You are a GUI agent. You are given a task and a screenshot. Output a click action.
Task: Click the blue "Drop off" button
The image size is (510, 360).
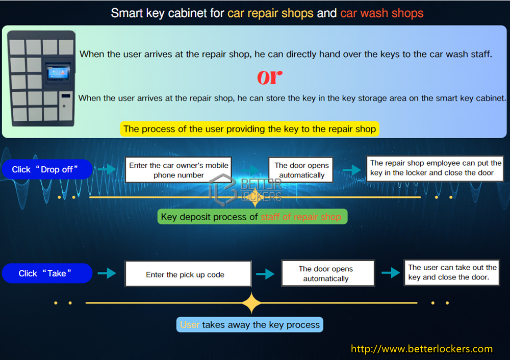pyautogui.click(x=47, y=169)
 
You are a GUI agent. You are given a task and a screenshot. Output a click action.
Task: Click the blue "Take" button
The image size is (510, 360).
pyautogui.click(x=47, y=273)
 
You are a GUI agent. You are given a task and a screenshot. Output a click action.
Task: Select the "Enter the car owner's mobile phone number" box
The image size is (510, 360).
pyautogui.click(x=178, y=170)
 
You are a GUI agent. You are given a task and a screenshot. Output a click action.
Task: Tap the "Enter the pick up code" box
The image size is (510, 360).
pyautogui.click(x=188, y=274)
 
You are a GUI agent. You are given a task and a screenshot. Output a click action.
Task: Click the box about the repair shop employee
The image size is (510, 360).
pyautogui.click(x=435, y=168)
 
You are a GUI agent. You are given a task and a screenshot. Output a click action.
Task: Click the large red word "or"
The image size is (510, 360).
pyautogui.click(x=270, y=76)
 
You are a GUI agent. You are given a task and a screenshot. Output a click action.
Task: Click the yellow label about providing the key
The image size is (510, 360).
pyautogui.click(x=249, y=129)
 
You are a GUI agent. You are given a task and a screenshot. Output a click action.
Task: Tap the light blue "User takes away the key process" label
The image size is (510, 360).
pyautogui.click(x=250, y=324)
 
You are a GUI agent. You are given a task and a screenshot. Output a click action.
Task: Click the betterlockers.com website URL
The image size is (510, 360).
pyautogui.click(x=422, y=349)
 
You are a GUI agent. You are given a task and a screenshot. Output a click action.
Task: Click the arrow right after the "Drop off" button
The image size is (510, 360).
pyautogui.click(x=107, y=169)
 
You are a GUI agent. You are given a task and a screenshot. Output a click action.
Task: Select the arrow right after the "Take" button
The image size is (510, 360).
pyautogui.click(x=107, y=274)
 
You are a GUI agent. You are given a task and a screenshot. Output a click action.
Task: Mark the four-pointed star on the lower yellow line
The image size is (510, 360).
pyautogui.click(x=251, y=303)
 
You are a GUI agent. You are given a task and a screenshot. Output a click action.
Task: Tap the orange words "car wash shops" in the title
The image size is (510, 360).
pyautogui.click(x=381, y=13)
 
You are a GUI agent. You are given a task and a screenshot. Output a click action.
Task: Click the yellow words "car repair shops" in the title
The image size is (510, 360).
pyautogui.click(x=270, y=13)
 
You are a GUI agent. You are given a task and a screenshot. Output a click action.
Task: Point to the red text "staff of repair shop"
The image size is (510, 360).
pyautogui.click(x=301, y=217)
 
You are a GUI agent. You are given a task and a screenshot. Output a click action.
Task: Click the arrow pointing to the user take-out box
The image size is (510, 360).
pyautogui.click(x=391, y=273)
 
